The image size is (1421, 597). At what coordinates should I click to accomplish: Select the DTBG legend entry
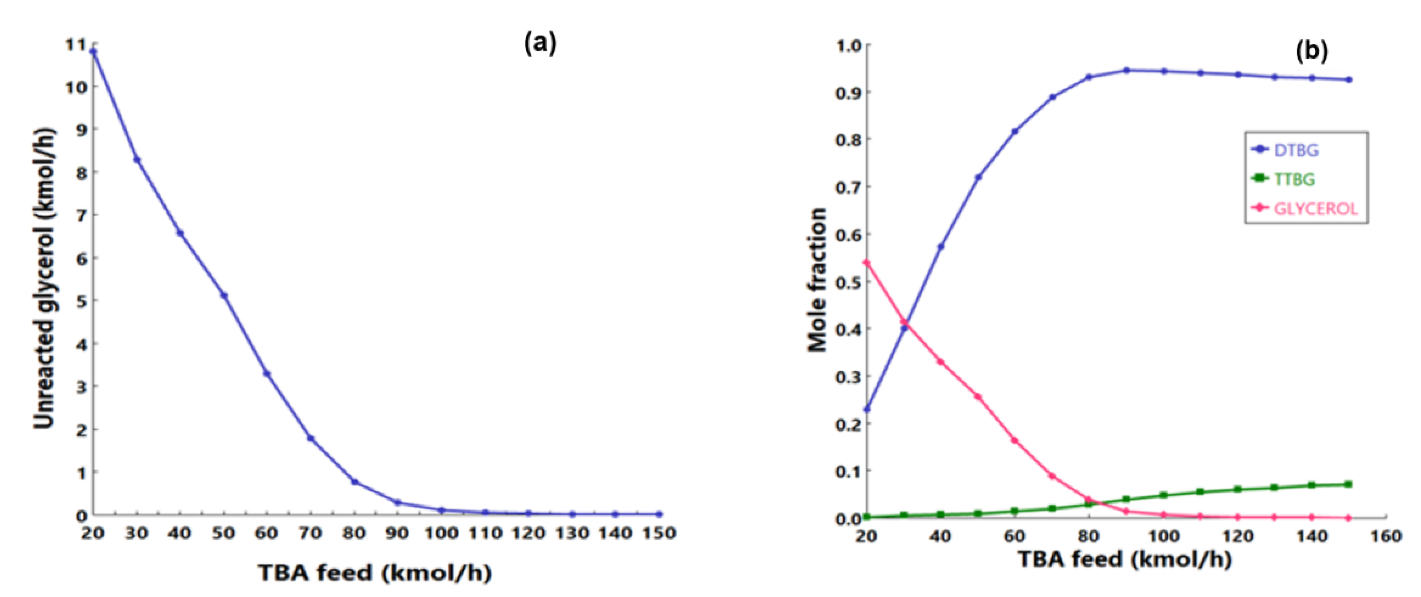(x=1295, y=150)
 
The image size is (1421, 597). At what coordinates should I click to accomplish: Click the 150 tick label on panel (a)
(x=659, y=533)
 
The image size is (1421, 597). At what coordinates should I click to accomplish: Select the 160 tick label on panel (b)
(x=1386, y=536)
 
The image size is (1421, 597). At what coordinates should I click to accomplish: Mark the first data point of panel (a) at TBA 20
(x=93, y=52)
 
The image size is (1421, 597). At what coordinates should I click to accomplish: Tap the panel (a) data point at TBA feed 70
(x=310, y=439)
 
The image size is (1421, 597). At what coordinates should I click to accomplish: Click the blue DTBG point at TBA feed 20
(x=867, y=410)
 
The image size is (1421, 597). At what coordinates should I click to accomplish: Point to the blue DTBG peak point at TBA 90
(x=1126, y=70)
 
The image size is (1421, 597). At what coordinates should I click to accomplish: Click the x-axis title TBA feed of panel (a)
(x=375, y=573)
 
